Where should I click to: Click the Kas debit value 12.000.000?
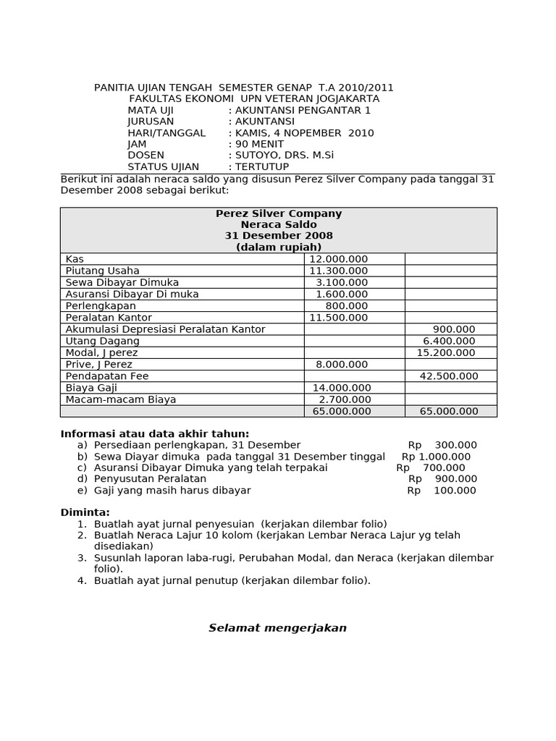pos(338,259)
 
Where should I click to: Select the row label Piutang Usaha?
pos(102,271)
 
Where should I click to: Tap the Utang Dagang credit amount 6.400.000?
pos(449,341)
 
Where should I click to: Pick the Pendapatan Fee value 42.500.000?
pos(449,376)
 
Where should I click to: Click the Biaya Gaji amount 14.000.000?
pos(340,388)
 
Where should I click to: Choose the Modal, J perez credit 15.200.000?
pos(446,352)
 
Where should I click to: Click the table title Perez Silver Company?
pos(279,213)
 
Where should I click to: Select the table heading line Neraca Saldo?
pos(279,225)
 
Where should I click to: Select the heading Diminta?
pos(85,512)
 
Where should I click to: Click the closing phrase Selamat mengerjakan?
pos(278,628)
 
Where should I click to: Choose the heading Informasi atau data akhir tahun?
pos(154,433)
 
